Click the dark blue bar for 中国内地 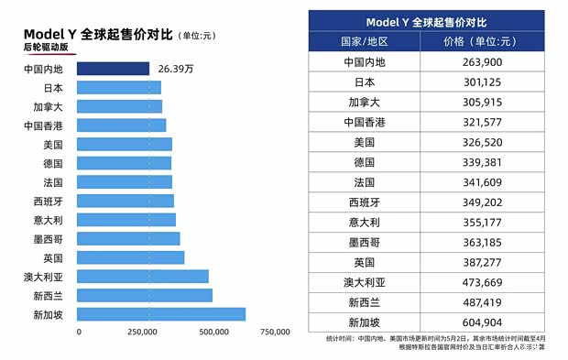[113, 69]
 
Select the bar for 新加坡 [161, 314]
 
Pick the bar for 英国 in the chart [130, 257]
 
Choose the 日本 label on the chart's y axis [53, 88]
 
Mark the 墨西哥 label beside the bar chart [48, 238]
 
